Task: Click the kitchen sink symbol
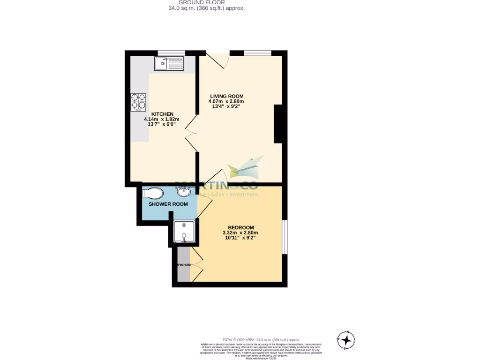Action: tap(170, 63)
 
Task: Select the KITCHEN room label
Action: tap(162, 114)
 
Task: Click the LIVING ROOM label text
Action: tap(226, 96)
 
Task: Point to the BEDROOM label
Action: tap(240, 227)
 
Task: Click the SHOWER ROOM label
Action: tap(168, 204)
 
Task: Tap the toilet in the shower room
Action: tap(152, 193)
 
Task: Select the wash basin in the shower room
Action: tap(184, 191)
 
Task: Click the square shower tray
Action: tap(183, 232)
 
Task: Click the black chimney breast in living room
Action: tap(278, 124)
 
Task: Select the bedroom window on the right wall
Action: tap(285, 236)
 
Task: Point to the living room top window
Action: tap(257, 52)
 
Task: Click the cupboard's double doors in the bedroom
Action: tap(196, 264)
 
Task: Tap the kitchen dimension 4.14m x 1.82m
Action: tap(161, 120)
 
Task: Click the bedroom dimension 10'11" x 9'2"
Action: tap(240, 238)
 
